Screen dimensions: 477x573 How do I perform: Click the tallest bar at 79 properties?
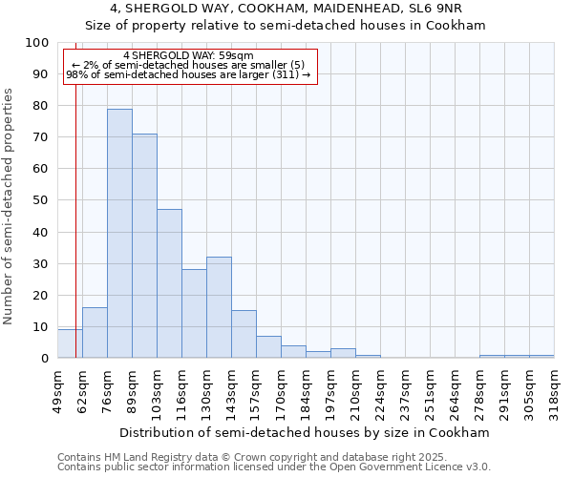[119, 234]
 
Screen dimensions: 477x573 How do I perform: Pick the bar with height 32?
[219, 307]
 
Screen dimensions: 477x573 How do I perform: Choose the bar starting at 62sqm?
[95, 333]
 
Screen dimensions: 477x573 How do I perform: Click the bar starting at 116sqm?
[194, 314]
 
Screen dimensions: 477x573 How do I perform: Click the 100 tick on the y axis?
[37, 43]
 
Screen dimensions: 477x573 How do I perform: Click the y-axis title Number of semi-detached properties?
[9, 206]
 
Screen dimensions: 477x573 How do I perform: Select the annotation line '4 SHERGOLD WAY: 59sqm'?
[188, 56]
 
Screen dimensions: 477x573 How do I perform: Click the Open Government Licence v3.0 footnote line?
[274, 467]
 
